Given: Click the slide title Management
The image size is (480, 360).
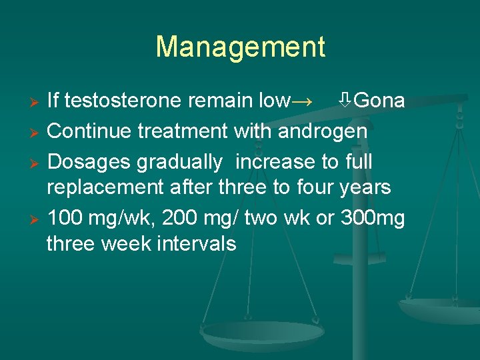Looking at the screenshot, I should click(x=240, y=47).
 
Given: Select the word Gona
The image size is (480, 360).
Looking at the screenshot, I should click(x=379, y=101).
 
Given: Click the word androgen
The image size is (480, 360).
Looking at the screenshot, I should click(x=323, y=131).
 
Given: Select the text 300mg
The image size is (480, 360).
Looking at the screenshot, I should click(x=370, y=218).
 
